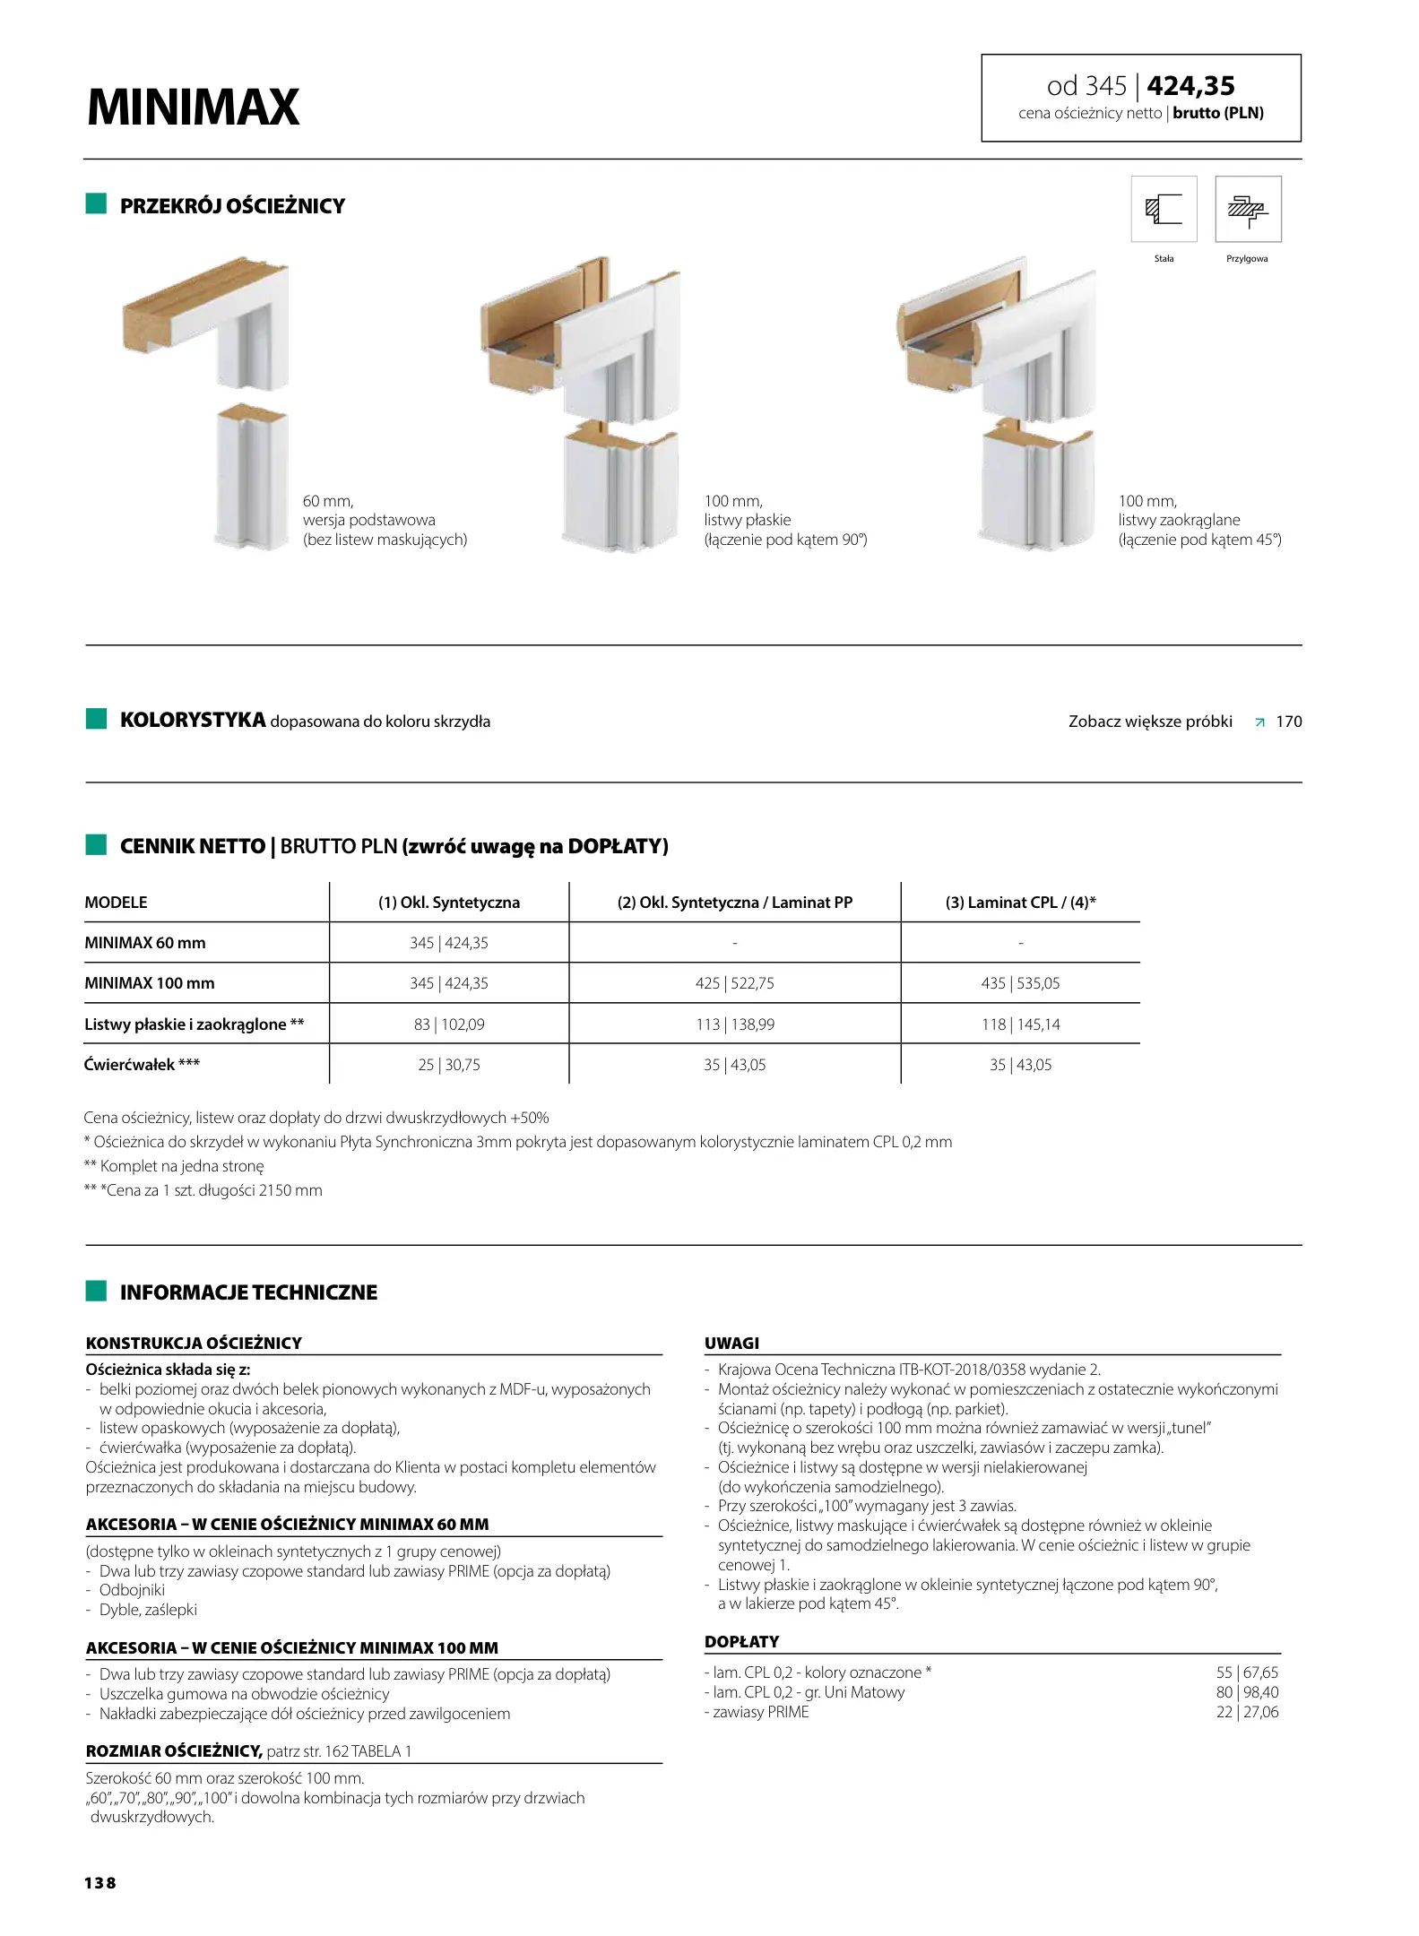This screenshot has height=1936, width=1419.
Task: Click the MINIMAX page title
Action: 193,108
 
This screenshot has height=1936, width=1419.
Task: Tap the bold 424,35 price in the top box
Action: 1190,86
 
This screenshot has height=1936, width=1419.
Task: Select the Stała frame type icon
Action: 1164,210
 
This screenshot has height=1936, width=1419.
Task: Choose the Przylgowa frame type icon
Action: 1248,210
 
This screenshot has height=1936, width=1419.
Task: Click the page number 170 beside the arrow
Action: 1288,722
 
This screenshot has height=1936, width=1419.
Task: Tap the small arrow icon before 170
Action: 1259,722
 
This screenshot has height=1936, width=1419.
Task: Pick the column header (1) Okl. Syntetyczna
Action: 448,903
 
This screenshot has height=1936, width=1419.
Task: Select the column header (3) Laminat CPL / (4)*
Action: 1020,903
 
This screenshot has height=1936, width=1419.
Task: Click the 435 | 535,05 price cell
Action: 1020,983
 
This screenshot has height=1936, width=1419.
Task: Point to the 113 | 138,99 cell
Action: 735,1024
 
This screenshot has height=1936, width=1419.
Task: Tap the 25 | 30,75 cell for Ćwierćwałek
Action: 448,1065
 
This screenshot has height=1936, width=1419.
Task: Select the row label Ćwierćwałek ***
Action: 142,1065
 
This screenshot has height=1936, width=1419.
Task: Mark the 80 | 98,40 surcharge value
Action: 1247,1692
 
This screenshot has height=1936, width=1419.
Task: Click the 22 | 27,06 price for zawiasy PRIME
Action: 1247,1712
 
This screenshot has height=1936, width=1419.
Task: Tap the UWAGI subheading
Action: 731,1343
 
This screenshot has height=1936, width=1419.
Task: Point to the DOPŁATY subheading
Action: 741,1642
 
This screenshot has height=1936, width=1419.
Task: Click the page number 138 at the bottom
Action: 100,1883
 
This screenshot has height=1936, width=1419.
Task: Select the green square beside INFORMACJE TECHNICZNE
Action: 96,1291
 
